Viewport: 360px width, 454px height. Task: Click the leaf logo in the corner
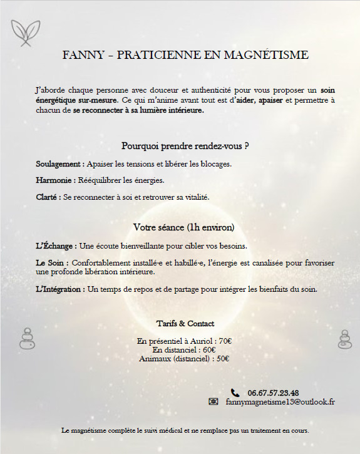pyautogui.click(x=26, y=33)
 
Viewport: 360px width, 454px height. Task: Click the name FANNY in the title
pyautogui.click(x=81, y=55)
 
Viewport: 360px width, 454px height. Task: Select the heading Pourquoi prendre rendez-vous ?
pyautogui.click(x=185, y=147)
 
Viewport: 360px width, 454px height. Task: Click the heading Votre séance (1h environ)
pyautogui.click(x=184, y=227)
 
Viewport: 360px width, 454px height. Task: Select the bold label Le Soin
pyautogui.click(x=51, y=263)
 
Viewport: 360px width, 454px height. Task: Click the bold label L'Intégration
pyautogui.click(x=61, y=289)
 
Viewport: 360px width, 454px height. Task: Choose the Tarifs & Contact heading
pyautogui.click(x=185, y=324)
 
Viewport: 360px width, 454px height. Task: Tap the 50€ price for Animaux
pyautogui.click(x=222, y=359)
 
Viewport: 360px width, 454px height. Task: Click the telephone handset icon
pyautogui.click(x=235, y=393)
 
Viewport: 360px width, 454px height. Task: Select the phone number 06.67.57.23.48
pyautogui.click(x=273, y=393)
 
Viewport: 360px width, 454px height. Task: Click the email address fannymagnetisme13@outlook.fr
pyautogui.click(x=280, y=401)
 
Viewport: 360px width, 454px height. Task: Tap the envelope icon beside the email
pyautogui.click(x=213, y=401)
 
